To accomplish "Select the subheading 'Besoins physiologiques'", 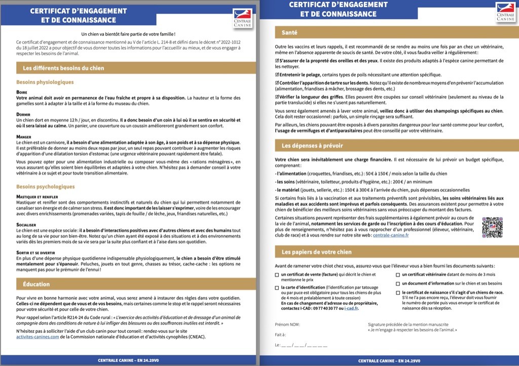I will click(x=45, y=82).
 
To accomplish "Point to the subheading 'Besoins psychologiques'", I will click(x=46, y=187).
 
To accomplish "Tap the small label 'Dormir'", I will click(x=23, y=114).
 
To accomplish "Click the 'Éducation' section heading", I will click(x=36, y=284).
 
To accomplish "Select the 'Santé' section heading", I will click(x=290, y=33).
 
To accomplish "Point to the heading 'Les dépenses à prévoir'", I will click(x=312, y=146).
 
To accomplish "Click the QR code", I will click(x=492, y=227).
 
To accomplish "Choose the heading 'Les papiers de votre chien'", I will click(x=316, y=252).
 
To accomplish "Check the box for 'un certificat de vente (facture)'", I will click(x=277, y=275).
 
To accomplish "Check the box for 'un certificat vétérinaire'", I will click(x=397, y=275).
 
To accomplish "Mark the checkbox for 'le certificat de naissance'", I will click(x=397, y=292).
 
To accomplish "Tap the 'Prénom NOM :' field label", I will click(x=287, y=324).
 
